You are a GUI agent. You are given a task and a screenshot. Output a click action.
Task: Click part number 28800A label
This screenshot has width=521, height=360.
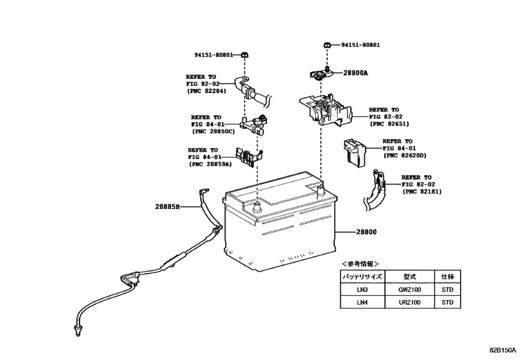click(354, 74)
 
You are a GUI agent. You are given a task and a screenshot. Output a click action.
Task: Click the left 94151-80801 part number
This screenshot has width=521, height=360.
click(215, 55)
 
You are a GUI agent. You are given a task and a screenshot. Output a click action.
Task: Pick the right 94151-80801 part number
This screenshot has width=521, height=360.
click(360, 46)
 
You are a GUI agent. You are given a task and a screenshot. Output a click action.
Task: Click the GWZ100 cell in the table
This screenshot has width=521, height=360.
click(411, 289)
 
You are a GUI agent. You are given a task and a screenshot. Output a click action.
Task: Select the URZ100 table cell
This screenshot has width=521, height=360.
click(411, 302)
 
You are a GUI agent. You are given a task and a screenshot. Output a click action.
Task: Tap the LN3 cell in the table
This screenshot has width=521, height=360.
click(362, 289)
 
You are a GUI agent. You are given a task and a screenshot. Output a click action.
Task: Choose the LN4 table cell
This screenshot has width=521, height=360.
click(362, 302)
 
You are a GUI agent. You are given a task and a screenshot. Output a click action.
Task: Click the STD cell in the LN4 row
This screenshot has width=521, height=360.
click(448, 302)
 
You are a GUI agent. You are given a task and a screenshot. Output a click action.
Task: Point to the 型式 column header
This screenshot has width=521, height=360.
click(411, 276)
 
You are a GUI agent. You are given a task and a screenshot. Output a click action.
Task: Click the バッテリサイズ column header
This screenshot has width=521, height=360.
click(362, 276)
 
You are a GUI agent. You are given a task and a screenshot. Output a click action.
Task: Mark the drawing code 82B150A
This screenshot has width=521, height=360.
click(503, 351)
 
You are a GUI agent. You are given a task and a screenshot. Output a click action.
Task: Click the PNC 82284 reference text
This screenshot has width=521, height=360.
click(208, 91)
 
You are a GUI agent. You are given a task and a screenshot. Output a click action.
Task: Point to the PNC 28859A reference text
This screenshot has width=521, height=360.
click(212, 164)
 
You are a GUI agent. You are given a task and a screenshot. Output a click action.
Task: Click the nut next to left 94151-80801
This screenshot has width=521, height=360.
click(245, 55)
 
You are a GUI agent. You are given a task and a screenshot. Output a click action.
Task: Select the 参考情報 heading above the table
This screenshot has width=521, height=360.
click(360, 264)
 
